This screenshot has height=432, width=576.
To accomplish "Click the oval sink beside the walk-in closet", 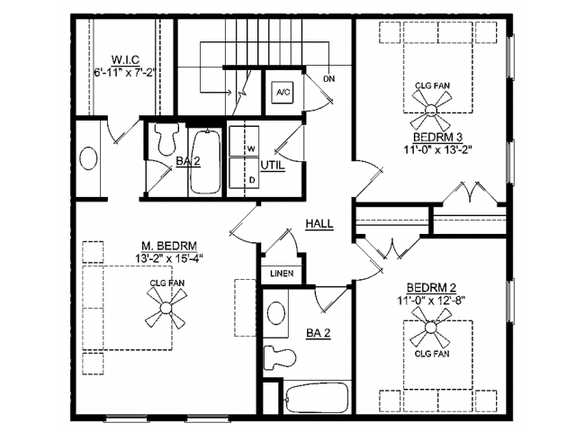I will coord(88,158).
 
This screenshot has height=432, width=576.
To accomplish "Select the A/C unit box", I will coord(282,91).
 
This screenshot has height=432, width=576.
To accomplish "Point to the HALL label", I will coord(317,224).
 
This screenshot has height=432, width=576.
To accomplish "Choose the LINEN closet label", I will coord(278,273).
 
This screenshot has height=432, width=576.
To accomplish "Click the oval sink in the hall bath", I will coord(277,314).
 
